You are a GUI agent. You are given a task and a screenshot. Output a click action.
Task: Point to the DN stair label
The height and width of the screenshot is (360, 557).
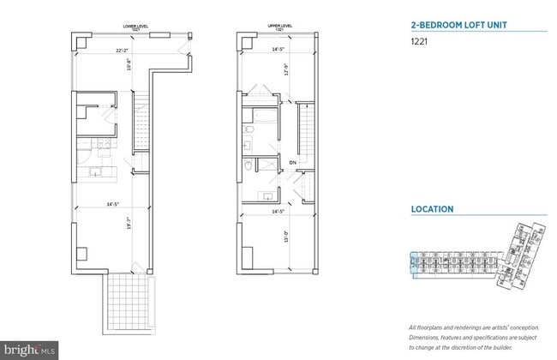tap(292, 162)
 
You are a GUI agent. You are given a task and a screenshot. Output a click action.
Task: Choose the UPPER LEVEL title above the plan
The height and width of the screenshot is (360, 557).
tap(274, 27)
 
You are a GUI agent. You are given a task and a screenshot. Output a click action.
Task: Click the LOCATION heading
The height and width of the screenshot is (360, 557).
tap(431, 209)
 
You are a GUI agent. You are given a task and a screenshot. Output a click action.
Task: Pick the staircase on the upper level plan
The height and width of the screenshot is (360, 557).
tap(304, 133)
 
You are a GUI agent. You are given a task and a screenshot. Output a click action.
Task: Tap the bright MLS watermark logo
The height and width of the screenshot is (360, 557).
tap(30, 350)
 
